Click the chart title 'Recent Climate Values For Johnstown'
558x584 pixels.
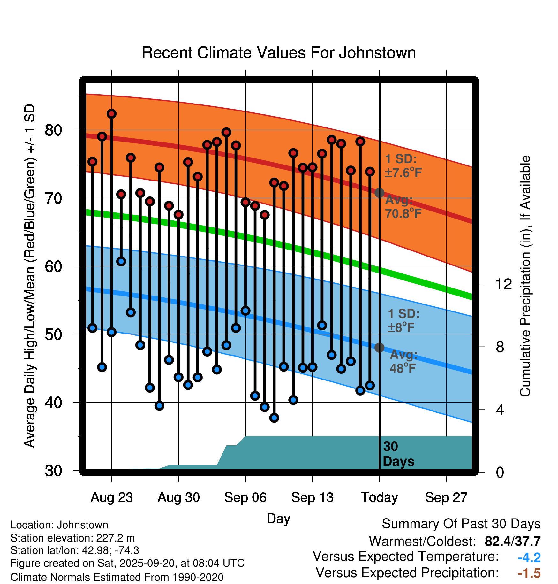tap(279, 53)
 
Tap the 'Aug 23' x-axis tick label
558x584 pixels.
tap(111, 497)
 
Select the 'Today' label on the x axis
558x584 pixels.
tap(379, 497)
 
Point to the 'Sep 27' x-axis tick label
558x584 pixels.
tap(446, 497)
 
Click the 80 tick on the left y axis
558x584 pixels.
tap(53, 130)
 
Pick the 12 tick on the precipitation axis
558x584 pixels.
tap(503, 284)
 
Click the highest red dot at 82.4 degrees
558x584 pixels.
tap(111, 114)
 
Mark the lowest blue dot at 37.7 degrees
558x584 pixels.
tap(274, 418)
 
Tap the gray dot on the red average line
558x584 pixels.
tap(379, 193)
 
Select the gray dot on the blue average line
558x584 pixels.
tap(379, 347)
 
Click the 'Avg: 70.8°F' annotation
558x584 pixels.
tap(403, 207)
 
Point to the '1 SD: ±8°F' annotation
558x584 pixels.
tap(403, 320)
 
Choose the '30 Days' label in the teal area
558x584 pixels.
tap(398, 454)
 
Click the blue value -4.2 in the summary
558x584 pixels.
tap(529, 557)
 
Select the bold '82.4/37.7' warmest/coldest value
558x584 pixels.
tap(512, 541)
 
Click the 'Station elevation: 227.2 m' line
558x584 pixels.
tap(72, 538)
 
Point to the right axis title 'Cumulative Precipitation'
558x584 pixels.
tap(525, 276)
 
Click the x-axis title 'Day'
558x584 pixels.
tap(278, 518)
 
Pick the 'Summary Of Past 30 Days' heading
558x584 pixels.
tap(461, 524)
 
